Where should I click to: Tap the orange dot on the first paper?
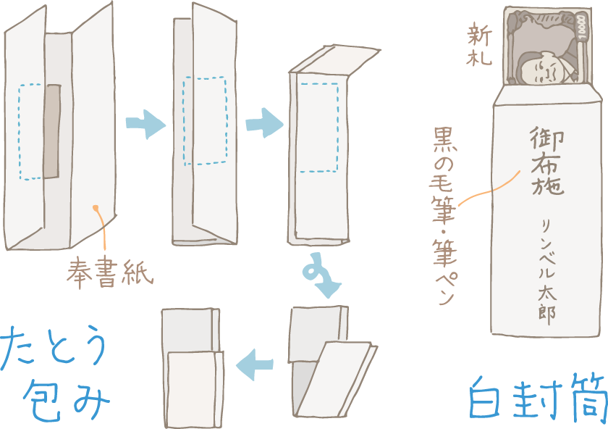coord(96,209)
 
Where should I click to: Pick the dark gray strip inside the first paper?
coord(51,130)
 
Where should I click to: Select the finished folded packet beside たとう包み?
coord(192,366)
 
